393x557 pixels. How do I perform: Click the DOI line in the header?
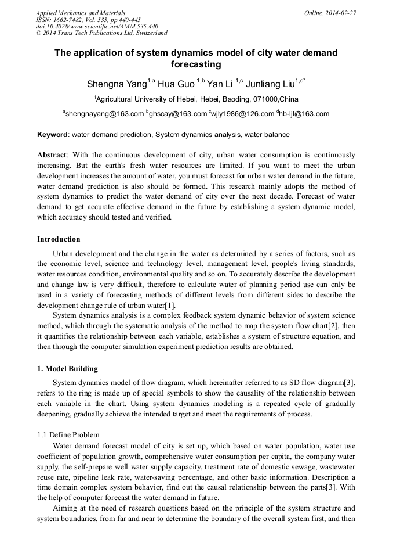pyautogui.click(x=97, y=26)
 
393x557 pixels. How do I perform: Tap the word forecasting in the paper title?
pyautogui.click(x=196, y=64)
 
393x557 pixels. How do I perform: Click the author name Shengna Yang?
pyautogui.click(x=117, y=84)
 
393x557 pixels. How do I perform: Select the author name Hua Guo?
pyautogui.click(x=176, y=84)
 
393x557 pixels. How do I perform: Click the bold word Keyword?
pyautogui.click(x=53, y=135)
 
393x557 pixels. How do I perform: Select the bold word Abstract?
pyautogui.click(x=52, y=155)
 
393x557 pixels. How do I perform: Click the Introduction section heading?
pyautogui.click(x=59, y=239)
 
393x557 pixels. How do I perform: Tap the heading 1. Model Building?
pyautogui.click(x=67, y=369)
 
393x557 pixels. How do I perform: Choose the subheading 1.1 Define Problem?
pyautogui.click(x=68, y=435)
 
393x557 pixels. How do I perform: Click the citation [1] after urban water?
pyautogui.click(x=170, y=306)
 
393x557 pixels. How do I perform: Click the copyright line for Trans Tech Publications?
pyautogui.click(x=101, y=33)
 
